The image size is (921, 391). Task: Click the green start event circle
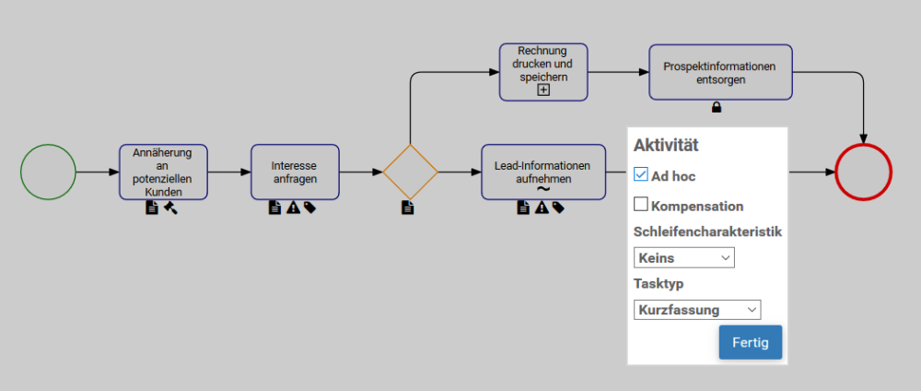(x=48, y=172)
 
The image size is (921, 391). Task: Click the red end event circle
(x=863, y=172)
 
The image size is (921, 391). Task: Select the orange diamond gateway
(x=410, y=172)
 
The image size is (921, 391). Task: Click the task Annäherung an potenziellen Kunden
(x=163, y=172)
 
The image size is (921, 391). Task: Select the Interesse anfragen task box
(x=295, y=172)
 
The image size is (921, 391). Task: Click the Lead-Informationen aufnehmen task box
(x=543, y=166)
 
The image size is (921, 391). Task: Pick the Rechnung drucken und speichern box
(x=543, y=66)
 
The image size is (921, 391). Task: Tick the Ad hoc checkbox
(x=642, y=173)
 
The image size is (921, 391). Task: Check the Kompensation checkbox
(x=642, y=205)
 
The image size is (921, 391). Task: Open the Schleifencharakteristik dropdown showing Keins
(x=683, y=258)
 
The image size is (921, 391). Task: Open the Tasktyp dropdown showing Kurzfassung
(x=697, y=310)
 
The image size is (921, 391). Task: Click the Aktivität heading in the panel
(x=666, y=145)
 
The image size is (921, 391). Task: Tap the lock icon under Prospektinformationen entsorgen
(x=717, y=108)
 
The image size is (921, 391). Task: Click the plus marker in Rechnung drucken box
(x=543, y=90)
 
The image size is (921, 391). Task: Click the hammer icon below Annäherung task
(x=170, y=208)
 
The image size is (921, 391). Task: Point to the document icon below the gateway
(x=407, y=208)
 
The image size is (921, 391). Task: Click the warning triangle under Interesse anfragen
(x=293, y=208)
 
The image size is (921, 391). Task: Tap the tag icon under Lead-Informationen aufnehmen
(x=558, y=208)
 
